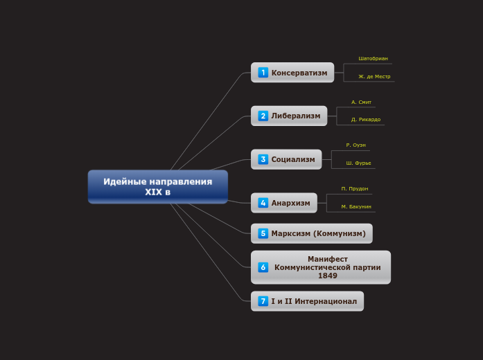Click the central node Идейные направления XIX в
coord(157,186)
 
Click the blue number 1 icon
coord(263,73)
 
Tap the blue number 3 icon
coord(263,159)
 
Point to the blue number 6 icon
coord(263,267)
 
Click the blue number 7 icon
coord(263,301)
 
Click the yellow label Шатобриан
coord(373,59)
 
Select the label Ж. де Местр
coord(374,76)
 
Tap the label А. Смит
coord(361,102)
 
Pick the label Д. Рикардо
coord(365,119)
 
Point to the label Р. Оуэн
coord(355,145)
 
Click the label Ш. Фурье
coord(358,163)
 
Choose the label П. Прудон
coord(355,188)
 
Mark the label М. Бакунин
coord(356,206)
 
